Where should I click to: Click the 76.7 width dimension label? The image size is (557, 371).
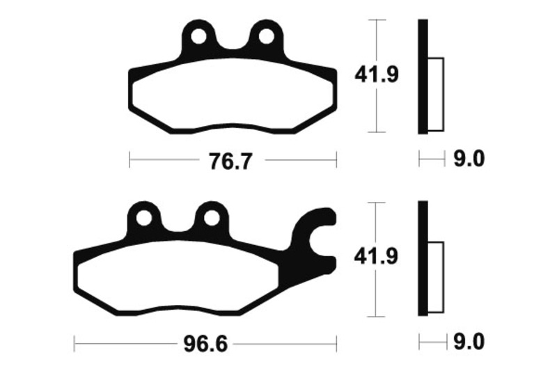(x=231, y=161)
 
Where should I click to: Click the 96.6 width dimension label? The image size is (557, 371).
(x=205, y=345)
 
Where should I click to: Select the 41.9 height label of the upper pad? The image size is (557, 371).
(x=377, y=75)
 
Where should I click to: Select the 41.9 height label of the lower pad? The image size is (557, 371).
(x=376, y=256)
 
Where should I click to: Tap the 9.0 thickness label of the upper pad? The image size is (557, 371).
(x=469, y=159)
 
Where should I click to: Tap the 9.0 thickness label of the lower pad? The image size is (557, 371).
(x=469, y=342)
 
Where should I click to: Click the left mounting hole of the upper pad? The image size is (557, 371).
(x=199, y=37)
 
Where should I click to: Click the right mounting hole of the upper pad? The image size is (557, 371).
(x=267, y=37)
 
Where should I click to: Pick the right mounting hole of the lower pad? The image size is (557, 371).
(x=212, y=218)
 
